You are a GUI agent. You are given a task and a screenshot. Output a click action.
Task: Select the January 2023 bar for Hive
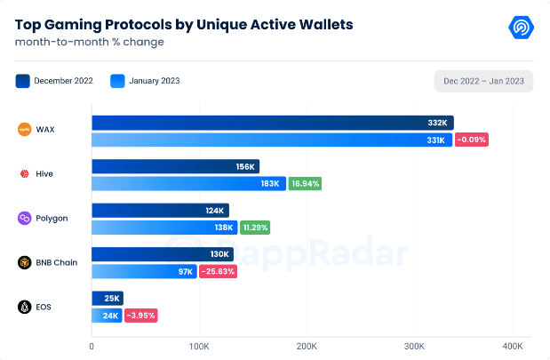pos(188,184)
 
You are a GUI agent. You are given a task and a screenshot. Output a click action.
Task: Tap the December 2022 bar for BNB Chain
pos(162,254)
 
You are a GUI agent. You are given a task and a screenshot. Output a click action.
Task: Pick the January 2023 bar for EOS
pos(107,316)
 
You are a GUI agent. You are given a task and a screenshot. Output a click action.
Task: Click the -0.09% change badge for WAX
pos(472,140)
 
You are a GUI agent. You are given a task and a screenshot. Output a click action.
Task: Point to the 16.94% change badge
pos(305,184)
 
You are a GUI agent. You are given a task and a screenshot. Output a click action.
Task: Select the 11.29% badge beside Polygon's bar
pos(254,228)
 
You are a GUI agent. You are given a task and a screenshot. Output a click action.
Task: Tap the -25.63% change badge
pos(218,271)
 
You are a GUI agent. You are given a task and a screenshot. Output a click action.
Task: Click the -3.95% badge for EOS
pos(141,316)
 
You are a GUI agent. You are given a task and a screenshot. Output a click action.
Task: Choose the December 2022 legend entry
pos(54,81)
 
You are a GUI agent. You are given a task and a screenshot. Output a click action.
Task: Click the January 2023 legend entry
pos(145,81)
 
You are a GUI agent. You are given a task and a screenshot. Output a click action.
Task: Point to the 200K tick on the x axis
pos(307,345)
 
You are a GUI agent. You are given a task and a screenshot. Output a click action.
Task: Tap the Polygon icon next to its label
pos(25,219)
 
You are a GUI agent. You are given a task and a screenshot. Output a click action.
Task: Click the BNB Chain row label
pos(55,262)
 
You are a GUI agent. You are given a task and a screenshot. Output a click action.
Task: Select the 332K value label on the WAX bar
pos(436,123)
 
